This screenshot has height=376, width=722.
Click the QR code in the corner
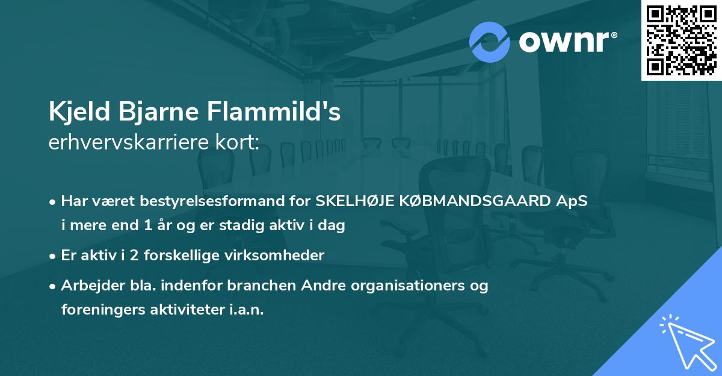click(x=681, y=40)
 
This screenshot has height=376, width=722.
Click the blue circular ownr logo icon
click(x=490, y=42)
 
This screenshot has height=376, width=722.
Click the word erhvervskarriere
click(x=127, y=142)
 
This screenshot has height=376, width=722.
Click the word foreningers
click(x=101, y=310)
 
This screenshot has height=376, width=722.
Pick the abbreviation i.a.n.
click(x=246, y=310)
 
